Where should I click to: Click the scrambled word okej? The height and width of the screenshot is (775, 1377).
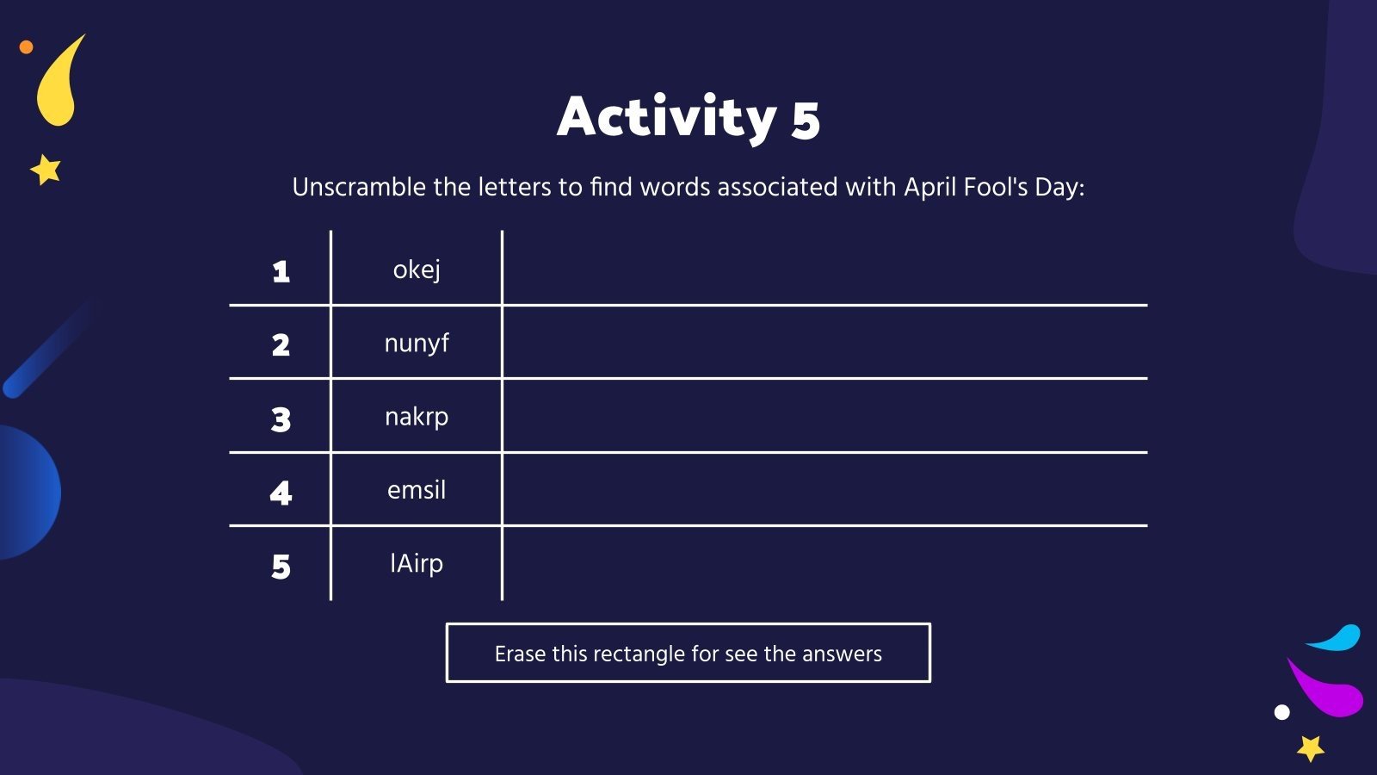[x=417, y=270]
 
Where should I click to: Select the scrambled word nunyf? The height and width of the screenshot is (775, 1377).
[x=417, y=344]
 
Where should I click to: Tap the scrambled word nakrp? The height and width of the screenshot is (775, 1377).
[x=417, y=417]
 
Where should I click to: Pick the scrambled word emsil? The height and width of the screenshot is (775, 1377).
[x=417, y=490]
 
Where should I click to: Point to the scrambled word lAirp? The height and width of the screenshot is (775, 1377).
[x=417, y=563]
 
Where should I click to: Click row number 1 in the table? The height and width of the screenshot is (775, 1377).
[x=281, y=272]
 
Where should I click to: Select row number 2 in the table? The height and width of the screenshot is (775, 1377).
[x=281, y=345]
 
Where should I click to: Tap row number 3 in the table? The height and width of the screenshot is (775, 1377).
[x=281, y=419]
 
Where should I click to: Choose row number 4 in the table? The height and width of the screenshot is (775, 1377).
[x=281, y=493]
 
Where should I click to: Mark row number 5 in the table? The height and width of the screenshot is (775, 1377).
[x=281, y=567]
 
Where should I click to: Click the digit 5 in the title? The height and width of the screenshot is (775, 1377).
[x=806, y=121]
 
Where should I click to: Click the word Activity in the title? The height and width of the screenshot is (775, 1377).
[x=667, y=117]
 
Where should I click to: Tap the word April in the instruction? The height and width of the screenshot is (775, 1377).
[x=929, y=188]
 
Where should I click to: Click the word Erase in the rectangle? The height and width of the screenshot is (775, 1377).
[x=520, y=654]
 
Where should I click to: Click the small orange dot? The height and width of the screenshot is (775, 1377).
[x=26, y=47]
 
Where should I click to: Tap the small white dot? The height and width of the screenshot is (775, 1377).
[x=1281, y=712]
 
